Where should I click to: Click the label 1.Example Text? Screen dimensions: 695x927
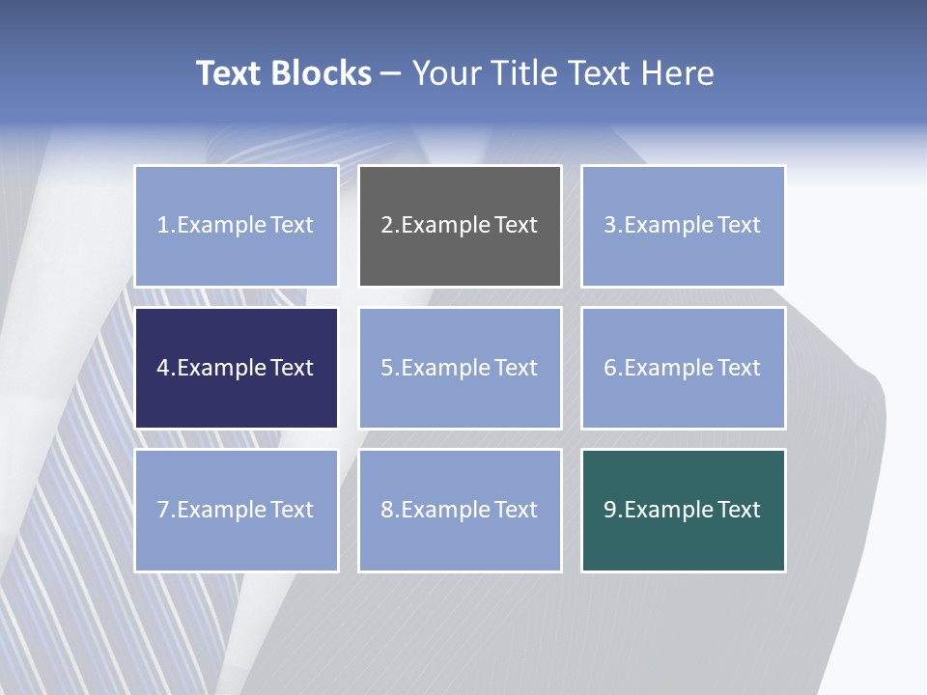coord(236,225)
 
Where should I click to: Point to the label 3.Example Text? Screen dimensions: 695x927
coord(683,225)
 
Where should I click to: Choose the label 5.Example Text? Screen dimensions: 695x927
coord(460,368)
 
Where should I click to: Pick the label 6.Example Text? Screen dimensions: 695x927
coord(683,368)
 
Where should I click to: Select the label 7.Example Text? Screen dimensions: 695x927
coord(236,510)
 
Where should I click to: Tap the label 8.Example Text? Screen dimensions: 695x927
coord(460,510)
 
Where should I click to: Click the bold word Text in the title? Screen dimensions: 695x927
coord(229,73)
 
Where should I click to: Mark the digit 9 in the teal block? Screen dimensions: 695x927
coord(610,510)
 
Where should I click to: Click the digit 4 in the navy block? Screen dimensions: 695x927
coord(163,368)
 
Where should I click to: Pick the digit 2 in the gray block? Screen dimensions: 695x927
coord(387,225)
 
